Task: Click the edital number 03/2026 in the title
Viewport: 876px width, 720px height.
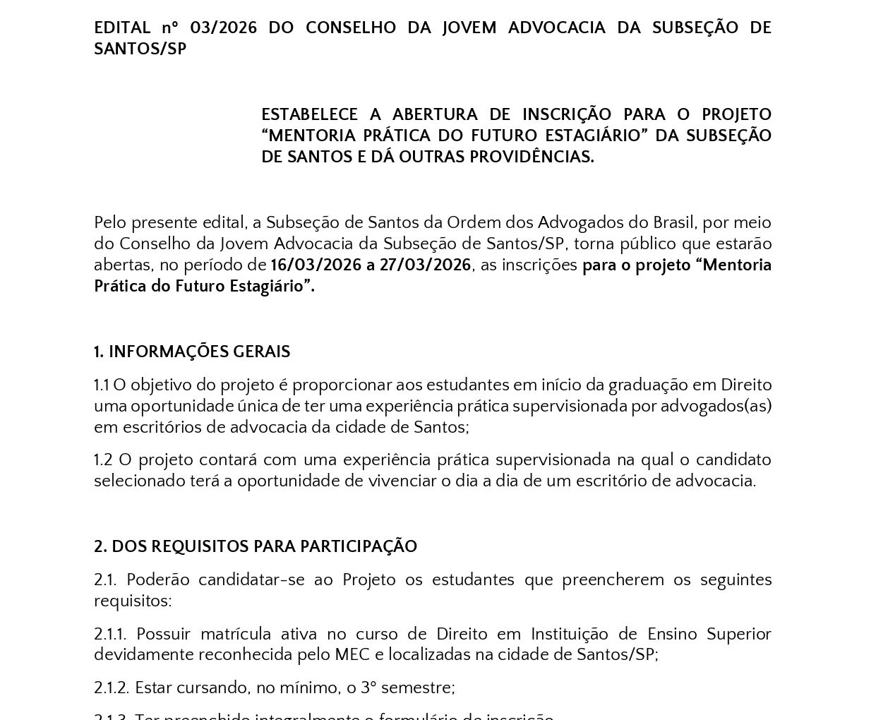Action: [x=214, y=28]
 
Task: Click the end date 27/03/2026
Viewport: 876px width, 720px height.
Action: [x=425, y=265]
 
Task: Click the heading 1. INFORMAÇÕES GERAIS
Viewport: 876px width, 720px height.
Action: [x=192, y=352]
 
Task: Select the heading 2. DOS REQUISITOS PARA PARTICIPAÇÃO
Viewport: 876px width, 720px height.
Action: [x=256, y=547]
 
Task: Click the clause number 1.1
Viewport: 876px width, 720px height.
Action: [x=102, y=385]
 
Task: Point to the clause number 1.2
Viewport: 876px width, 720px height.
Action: [x=103, y=460]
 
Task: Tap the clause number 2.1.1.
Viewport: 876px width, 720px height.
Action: [x=110, y=635]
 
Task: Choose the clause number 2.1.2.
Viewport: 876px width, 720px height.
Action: [x=111, y=688]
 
